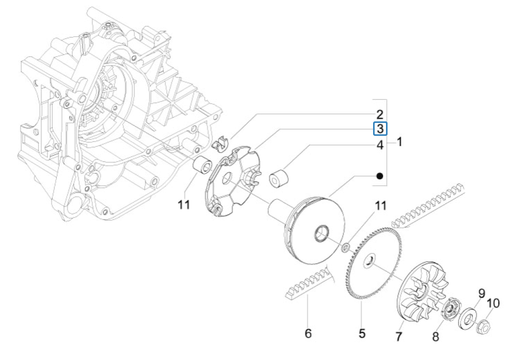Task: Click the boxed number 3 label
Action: [380, 129]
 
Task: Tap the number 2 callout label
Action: [380, 114]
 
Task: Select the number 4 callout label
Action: [380, 145]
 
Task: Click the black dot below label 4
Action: [380, 176]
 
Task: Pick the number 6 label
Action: [308, 334]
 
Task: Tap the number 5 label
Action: [362, 334]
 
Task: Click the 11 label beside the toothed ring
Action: [380, 206]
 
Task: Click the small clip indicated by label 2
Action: [221, 143]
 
